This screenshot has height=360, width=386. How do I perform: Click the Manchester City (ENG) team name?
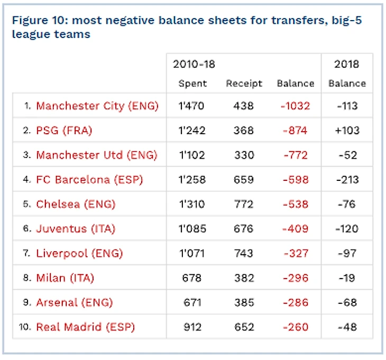[x=97, y=106]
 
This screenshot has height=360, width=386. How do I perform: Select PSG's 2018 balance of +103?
[x=346, y=131]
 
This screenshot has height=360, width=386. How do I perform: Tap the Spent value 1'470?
[x=192, y=106]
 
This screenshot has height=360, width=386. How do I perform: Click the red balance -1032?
[x=295, y=106]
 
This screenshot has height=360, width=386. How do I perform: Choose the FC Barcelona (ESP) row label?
[x=89, y=180]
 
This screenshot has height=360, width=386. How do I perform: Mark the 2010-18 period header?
[x=194, y=64]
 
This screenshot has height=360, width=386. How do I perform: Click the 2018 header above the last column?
[x=346, y=64]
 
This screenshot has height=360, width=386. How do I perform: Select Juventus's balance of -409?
[x=295, y=229]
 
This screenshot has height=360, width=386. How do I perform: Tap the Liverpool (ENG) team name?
[x=79, y=253]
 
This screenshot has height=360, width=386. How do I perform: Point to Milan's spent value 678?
[x=192, y=278]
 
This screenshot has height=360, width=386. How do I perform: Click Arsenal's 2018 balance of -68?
[x=346, y=302]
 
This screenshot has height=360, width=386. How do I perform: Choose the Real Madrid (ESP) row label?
[x=86, y=327]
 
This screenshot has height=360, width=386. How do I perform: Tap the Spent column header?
[x=192, y=84]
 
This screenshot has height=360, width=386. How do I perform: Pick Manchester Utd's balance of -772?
[x=295, y=155]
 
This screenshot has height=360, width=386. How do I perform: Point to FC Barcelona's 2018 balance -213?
[x=346, y=180]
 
